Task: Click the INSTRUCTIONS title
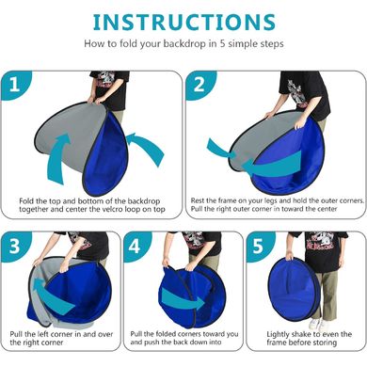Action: click(184, 22)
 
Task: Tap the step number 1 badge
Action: click(14, 85)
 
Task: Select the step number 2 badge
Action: click(199, 84)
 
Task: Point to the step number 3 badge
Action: click(14, 247)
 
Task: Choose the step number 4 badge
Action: click(135, 247)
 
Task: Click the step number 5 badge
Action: click(258, 247)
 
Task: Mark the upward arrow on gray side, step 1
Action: click(57, 158)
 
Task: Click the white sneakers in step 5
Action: click(318, 325)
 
